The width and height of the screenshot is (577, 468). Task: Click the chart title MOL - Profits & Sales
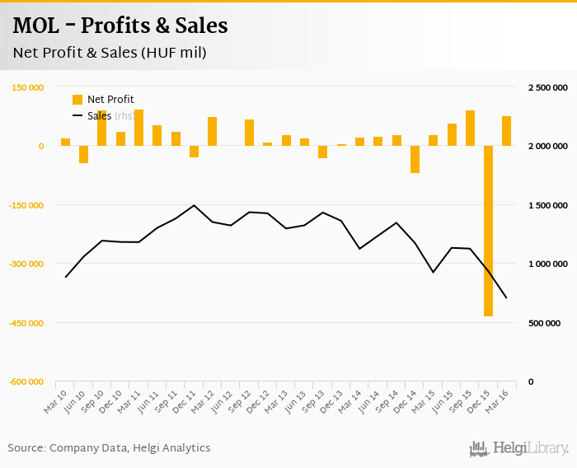(x=120, y=26)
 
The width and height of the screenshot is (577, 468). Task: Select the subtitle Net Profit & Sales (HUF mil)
(x=109, y=54)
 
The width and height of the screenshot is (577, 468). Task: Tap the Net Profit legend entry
(x=103, y=100)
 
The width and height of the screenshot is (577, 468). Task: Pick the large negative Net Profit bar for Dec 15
(x=488, y=231)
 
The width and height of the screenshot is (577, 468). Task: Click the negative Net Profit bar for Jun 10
(x=84, y=154)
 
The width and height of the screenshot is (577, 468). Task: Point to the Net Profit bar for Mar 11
(x=138, y=128)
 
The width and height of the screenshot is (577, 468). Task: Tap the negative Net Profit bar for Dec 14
(x=415, y=159)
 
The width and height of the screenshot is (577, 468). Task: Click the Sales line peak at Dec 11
(x=194, y=205)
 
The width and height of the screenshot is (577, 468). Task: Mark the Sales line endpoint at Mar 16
(x=506, y=297)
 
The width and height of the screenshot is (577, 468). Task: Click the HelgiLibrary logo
(x=518, y=448)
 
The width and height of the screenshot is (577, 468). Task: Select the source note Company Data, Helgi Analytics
(x=109, y=448)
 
